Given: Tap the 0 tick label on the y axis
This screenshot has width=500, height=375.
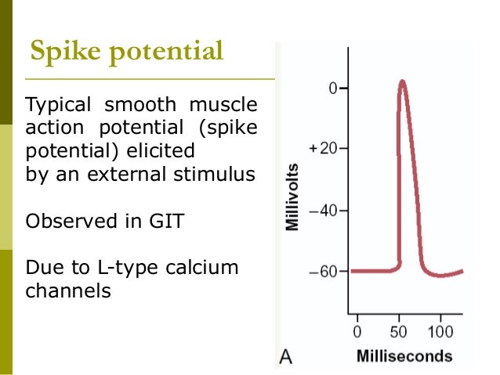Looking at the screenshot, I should tap(332, 88).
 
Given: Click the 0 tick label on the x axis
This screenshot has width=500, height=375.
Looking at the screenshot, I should tap(357, 330).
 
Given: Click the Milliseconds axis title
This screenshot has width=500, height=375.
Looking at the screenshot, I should tap(404, 356).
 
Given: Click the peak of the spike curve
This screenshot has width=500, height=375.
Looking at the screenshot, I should tap(402, 81).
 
